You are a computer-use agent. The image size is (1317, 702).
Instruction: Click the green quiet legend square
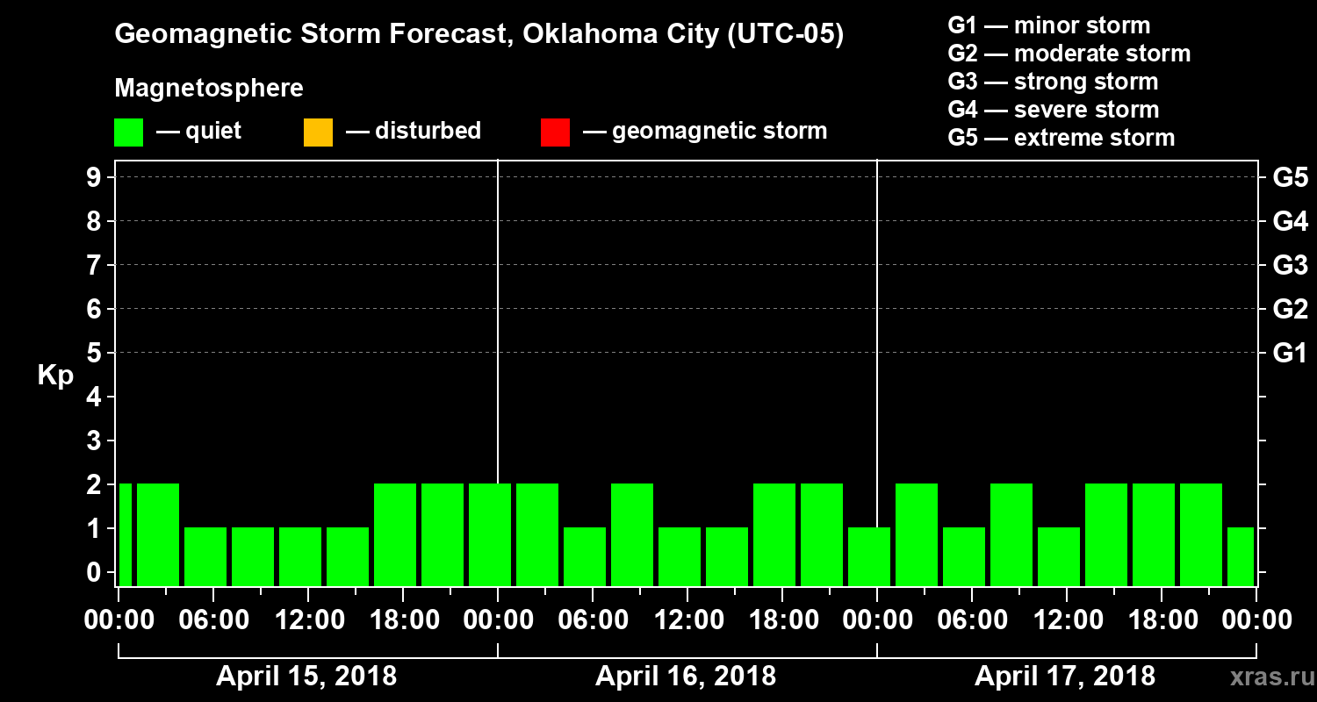(x=128, y=133)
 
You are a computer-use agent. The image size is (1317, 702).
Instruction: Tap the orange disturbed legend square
(x=318, y=133)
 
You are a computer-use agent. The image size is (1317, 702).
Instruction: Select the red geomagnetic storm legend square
(x=555, y=133)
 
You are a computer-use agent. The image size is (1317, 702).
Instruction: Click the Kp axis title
(x=55, y=376)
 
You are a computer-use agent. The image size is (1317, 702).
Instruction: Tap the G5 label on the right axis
(x=1290, y=178)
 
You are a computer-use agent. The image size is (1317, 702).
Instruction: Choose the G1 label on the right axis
(x=1290, y=354)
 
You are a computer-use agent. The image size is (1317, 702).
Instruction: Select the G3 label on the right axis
(x=1290, y=266)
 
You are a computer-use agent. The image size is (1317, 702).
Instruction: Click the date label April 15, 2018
(x=306, y=677)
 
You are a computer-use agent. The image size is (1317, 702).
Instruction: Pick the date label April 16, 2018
(x=686, y=677)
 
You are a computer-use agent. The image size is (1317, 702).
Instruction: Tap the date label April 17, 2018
(x=1065, y=677)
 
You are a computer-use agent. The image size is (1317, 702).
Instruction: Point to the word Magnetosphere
(x=209, y=89)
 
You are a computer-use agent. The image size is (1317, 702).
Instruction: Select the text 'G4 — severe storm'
(x=1054, y=110)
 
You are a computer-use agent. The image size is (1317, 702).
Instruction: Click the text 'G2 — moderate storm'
(x=1069, y=54)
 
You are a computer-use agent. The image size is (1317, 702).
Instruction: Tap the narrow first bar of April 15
(x=126, y=534)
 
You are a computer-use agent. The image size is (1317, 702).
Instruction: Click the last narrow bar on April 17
(x=1241, y=556)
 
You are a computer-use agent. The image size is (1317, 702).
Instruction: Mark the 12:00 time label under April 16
(x=686, y=620)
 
